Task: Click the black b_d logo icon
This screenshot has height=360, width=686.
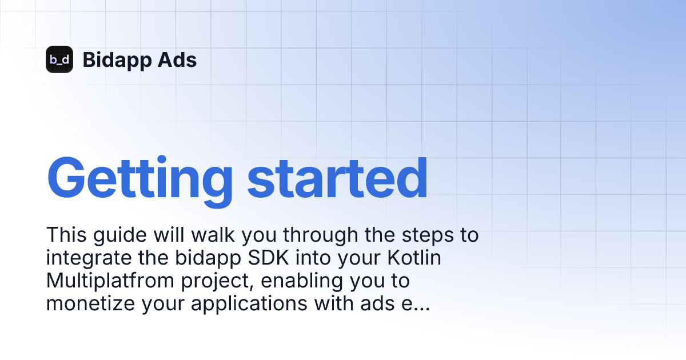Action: click(59, 59)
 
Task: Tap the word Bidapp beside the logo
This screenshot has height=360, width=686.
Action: click(117, 61)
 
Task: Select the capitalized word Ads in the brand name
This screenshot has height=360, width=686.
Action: click(177, 59)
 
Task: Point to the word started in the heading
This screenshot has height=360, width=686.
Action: click(337, 178)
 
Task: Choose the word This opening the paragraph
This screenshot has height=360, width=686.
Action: click(66, 235)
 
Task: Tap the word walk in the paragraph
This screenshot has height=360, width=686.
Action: click(213, 235)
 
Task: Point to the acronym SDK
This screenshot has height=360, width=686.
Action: click(268, 258)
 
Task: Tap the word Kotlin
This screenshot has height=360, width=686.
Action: click(414, 258)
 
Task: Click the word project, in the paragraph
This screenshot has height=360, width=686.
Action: click(217, 282)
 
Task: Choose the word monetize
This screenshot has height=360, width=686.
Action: click(91, 303)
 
